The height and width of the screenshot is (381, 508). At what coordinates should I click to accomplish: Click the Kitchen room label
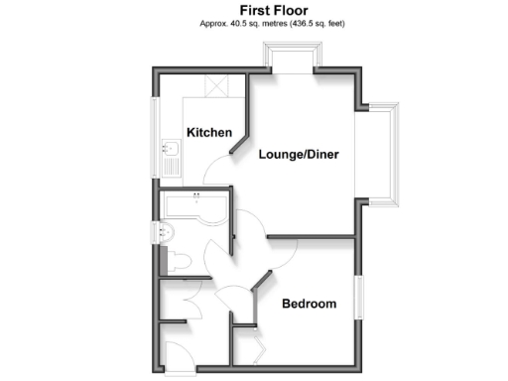(x=208, y=132)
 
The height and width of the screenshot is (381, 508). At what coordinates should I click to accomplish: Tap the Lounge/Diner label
(x=299, y=155)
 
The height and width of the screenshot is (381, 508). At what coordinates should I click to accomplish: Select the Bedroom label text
(x=308, y=304)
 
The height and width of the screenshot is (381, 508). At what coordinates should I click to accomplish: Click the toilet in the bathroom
(x=177, y=261)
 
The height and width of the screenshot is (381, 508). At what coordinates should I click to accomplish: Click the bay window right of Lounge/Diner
(x=389, y=153)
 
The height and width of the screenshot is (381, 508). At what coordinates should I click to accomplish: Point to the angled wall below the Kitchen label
(x=238, y=146)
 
